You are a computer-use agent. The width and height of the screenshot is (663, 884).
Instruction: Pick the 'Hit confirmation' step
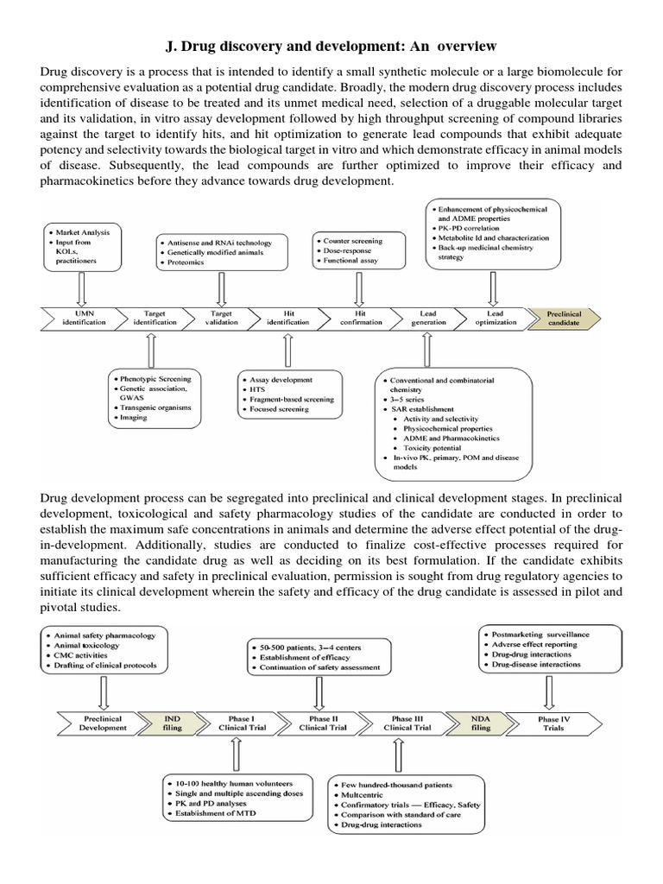[361, 317]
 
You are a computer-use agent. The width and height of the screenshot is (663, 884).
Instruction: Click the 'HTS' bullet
[258, 390]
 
